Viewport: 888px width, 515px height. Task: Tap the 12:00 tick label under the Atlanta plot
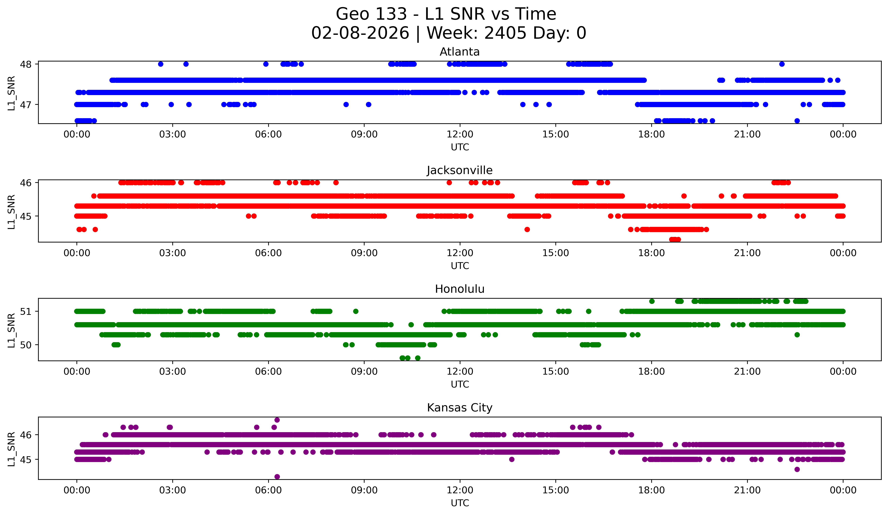[x=460, y=134]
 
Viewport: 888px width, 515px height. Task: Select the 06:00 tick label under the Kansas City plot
[x=268, y=490]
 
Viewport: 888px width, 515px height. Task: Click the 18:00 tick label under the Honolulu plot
[x=651, y=372]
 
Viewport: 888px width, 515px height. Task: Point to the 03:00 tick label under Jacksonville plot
[x=172, y=253]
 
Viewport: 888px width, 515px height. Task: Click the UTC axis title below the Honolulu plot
[x=460, y=384]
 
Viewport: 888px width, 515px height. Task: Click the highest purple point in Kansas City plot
[x=277, y=420]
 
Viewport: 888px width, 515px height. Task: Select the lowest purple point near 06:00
[x=277, y=477]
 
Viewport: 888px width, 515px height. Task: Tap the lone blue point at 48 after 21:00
[x=782, y=64]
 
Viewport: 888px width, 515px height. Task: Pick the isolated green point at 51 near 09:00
[x=356, y=311]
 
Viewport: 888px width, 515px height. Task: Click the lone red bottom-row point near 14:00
[x=527, y=230]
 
